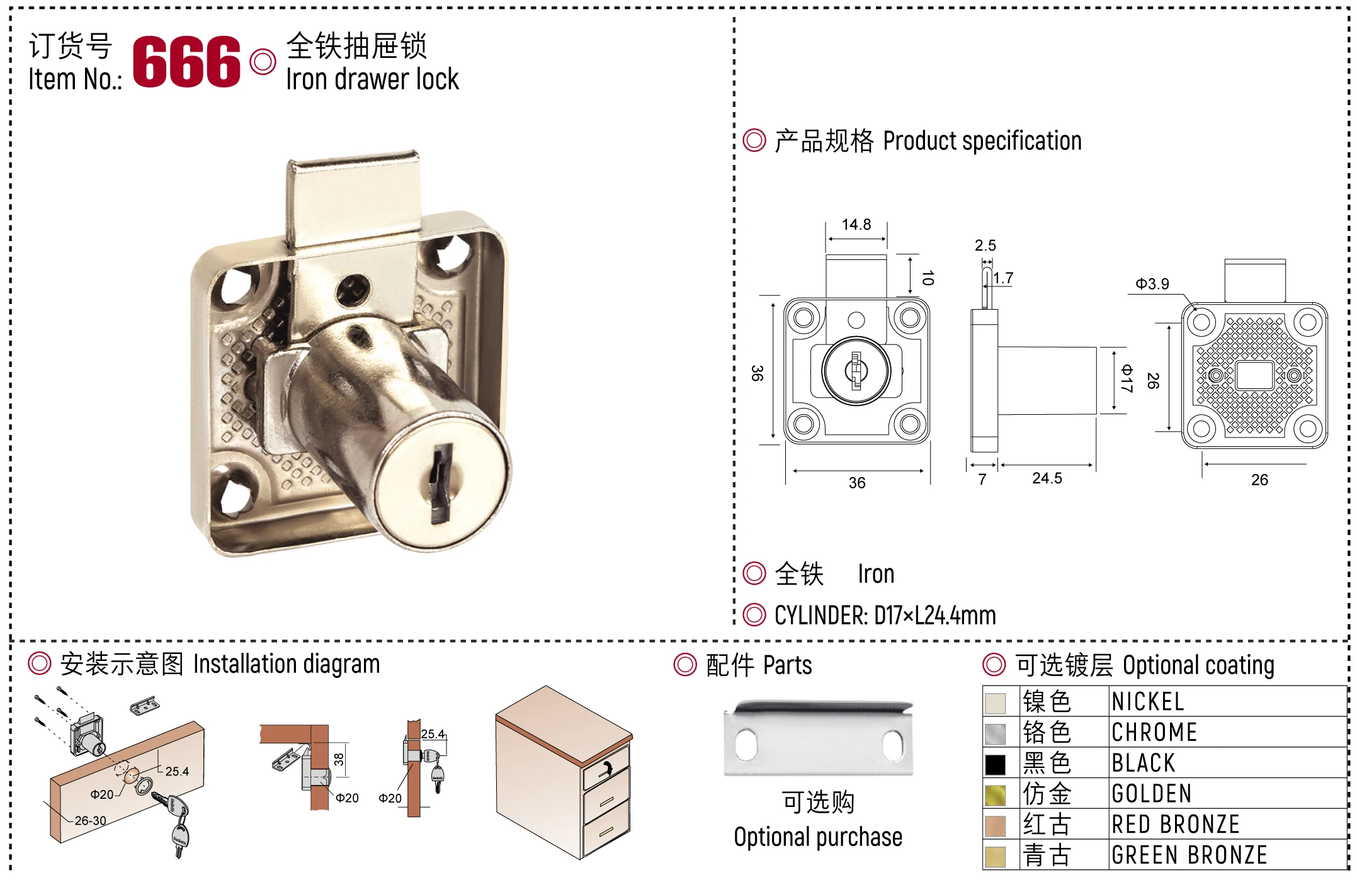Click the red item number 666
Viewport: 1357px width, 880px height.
pyautogui.click(x=186, y=61)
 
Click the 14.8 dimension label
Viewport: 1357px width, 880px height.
pyautogui.click(x=856, y=225)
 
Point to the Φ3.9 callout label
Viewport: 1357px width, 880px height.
pyautogui.click(x=1152, y=284)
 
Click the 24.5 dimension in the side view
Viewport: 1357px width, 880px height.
pyautogui.click(x=1047, y=478)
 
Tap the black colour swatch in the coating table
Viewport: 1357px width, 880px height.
pyautogui.click(x=996, y=764)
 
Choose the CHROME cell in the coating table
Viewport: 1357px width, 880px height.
pyautogui.click(x=1154, y=733)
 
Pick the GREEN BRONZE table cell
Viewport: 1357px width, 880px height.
pyautogui.click(x=1189, y=855)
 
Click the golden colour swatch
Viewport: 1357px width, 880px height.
pyautogui.click(x=996, y=795)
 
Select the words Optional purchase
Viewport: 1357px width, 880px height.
pyautogui.click(x=818, y=837)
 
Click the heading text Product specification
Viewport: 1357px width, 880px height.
pyautogui.click(x=982, y=141)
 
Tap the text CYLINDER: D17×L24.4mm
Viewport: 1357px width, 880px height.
pyautogui.click(x=885, y=616)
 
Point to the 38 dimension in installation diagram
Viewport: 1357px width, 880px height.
pyautogui.click(x=339, y=760)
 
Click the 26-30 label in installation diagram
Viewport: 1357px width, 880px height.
pyautogui.click(x=91, y=821)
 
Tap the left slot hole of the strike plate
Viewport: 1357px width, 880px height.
pyautogui.click(x=746, y=744)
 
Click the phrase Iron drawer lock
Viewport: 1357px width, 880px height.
pyautogui.click(x=372, y=80)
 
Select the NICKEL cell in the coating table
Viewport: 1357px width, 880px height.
pyautogui.click(x=1148, y=702)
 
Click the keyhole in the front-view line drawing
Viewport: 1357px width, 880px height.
pyautogui.click(x=856, y=371)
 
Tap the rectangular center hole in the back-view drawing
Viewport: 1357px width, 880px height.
pyautogui.click(x=1254, y=376)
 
